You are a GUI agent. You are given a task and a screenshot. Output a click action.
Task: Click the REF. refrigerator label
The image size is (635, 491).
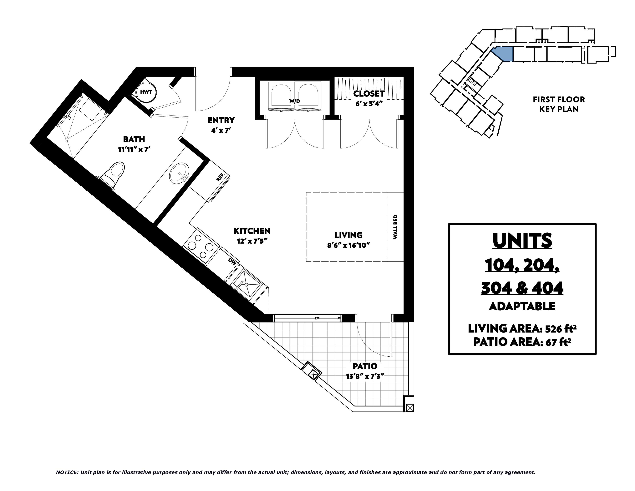coord(220,177)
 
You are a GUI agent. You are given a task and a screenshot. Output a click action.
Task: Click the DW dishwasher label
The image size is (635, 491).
coord(232,261)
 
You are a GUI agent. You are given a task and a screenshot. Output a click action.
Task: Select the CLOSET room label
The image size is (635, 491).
coord(369,94)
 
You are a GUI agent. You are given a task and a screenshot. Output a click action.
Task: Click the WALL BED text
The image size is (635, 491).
coord(395,227)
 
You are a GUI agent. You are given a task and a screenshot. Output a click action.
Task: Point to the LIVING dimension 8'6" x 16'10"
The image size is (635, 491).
coord(348,245)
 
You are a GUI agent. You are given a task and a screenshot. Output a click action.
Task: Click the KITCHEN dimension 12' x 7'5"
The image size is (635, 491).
coord(252,241)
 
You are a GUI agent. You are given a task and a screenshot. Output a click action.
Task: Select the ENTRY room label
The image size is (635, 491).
coord(221,120)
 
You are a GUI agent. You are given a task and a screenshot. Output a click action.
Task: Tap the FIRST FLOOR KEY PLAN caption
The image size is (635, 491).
coord(559,104)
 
